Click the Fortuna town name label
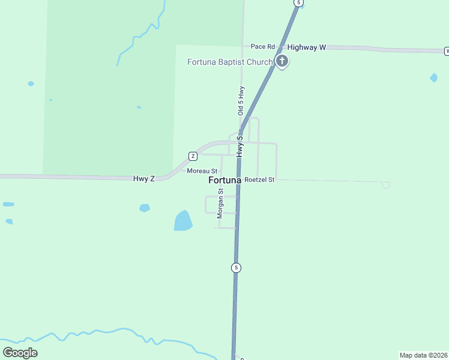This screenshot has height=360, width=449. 224,180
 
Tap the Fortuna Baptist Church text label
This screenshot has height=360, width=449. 230,62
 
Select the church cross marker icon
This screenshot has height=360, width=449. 282,61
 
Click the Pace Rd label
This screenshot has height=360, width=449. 262,47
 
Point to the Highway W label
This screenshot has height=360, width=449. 306,47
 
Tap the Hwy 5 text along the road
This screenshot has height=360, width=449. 240,146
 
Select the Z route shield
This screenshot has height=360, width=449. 193,156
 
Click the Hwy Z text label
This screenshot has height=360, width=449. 144,178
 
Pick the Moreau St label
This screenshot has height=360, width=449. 202,171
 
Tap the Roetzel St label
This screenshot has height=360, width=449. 259,179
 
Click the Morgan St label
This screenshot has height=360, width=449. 220,203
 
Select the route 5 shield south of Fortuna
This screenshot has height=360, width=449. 237,268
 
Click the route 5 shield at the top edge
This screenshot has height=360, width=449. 298,3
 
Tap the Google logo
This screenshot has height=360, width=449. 20,352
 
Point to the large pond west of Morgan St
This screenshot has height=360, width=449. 183,221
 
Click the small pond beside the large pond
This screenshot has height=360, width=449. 144,208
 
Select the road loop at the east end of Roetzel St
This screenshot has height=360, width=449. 385,185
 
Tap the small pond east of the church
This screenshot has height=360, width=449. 433,77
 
